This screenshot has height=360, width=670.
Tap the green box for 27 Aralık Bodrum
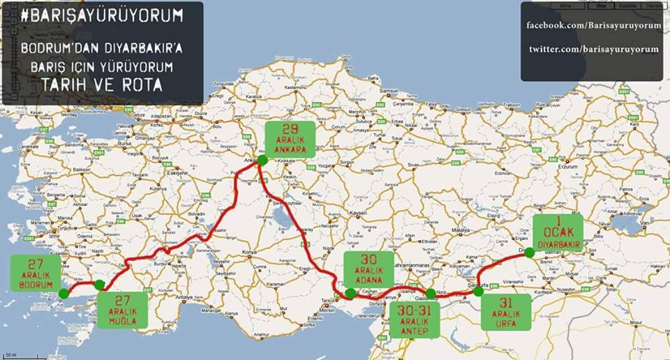[37, 274]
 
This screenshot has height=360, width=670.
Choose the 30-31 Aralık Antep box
[415, 318]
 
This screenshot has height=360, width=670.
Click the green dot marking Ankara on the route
[262, 160]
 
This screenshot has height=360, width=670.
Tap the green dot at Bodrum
[64, 294]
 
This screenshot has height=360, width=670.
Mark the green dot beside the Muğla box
[100, 285]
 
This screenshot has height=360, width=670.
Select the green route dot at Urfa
[478, 292]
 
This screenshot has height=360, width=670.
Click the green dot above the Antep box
[431, 294]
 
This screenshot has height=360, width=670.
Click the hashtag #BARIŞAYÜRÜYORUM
[103, 15]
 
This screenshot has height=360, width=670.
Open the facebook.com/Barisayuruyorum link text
[593, 27]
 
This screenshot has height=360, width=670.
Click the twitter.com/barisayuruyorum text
[593, 49]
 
